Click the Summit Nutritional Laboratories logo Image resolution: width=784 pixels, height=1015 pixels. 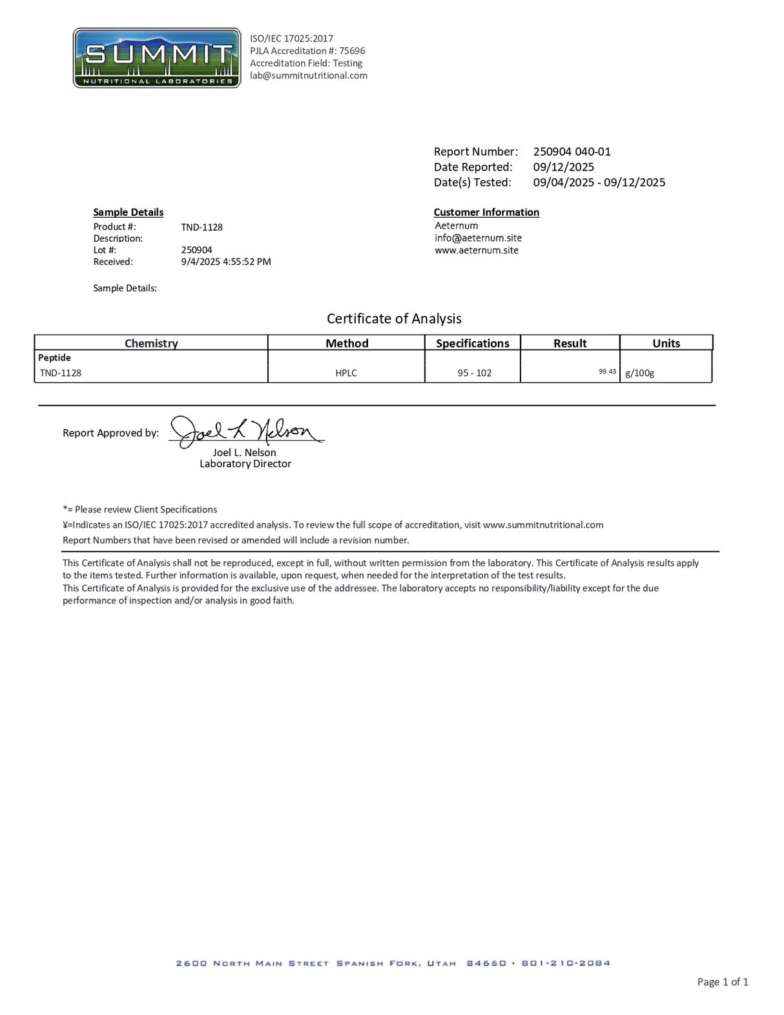point(157,58)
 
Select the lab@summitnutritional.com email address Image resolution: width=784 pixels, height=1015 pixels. point(309,76)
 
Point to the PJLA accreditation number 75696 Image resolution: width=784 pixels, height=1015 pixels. point(352,51)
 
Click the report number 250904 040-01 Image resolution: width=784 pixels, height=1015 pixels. point(572,152)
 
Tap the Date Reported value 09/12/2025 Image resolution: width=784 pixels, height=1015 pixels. point(563,167)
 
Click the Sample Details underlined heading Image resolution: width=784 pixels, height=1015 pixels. point(128,213)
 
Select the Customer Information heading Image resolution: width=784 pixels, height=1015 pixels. point(486,213)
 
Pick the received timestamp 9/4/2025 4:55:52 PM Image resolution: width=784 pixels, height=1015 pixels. point(226,262)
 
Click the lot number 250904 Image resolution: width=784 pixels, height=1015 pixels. point(196,250)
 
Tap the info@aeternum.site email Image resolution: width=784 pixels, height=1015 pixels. point(478,238)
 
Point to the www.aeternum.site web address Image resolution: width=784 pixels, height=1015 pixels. point(477,251)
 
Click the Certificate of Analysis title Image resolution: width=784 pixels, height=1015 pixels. point(394,319)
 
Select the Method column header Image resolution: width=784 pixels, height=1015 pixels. point(347,344)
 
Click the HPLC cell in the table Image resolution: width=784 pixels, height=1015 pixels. point(346,373)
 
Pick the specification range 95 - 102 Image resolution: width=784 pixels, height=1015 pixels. point(475,373)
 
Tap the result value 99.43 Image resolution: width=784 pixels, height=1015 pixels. point(607,372)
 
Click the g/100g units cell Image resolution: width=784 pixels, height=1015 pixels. point(639,373)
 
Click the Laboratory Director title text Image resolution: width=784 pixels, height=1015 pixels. point(245,465)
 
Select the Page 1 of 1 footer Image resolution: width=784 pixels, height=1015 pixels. point(723,983)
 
